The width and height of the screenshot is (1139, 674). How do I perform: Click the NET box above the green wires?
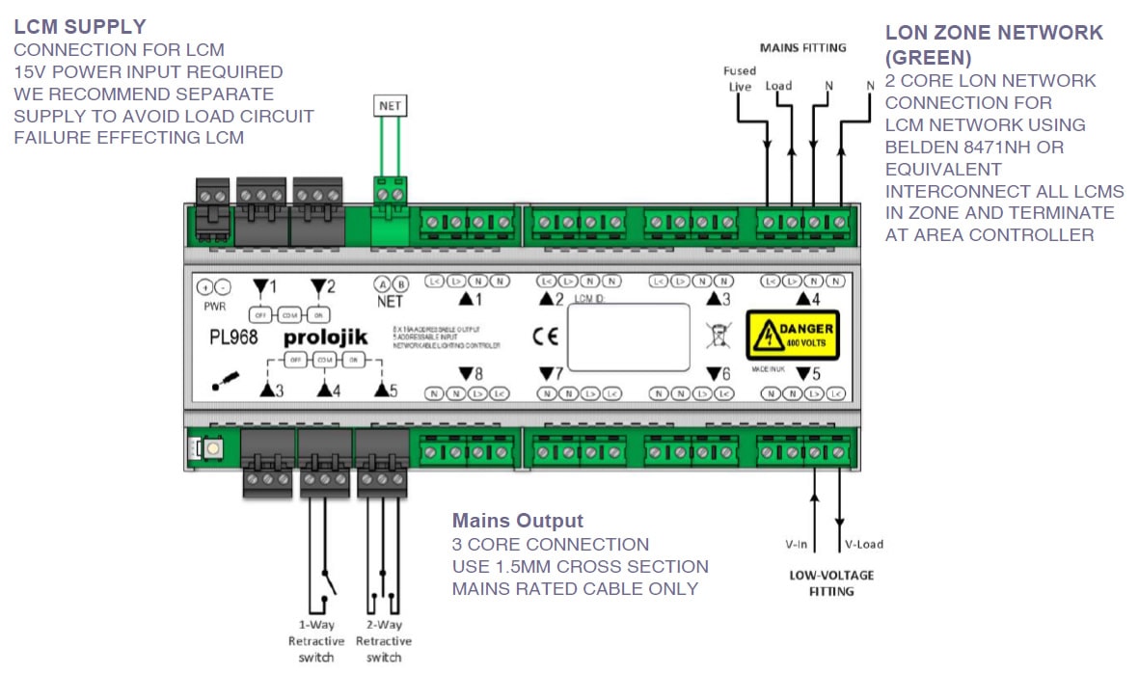point(391,106)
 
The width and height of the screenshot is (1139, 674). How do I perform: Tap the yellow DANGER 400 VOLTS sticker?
point(794,335)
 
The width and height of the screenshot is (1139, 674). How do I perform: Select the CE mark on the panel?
point(538,337)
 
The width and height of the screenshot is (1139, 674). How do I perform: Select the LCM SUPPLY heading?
point(80,27)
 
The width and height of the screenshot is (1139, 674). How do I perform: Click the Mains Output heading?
point(517,522)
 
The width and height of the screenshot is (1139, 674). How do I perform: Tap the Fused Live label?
point(739,78)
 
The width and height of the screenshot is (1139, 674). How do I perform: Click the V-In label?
point(796,544)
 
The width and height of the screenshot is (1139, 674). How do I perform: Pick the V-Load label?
point(863,544)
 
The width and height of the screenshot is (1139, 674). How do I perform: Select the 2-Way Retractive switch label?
point(383,641)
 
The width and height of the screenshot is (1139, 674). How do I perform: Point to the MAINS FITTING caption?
point(802,46)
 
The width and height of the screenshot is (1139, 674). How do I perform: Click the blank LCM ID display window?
point(628,337)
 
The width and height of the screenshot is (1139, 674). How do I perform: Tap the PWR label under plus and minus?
point(214,306)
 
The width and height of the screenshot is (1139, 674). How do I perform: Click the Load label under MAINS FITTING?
point(778,86)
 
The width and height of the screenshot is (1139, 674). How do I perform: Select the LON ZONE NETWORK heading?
point(993,44)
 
